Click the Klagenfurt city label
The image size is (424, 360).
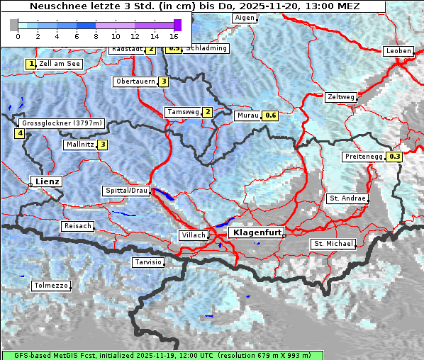coord(257,232)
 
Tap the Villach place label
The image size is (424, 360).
coord(193,235)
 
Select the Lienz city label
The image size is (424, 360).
coord(46,181)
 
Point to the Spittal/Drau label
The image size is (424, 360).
coord(126,191)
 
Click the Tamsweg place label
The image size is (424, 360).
coord(182,112)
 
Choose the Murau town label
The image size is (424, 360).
coord(247,115)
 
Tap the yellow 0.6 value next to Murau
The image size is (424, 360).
coord(269,115)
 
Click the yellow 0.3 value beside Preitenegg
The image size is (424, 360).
coord(395,157)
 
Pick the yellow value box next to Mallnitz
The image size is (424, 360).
coord(103,145)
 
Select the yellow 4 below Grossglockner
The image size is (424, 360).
coord(20,133)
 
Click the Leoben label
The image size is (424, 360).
coord(398,51)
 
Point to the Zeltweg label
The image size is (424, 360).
coord(340,97)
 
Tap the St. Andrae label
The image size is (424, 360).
coord(347,198)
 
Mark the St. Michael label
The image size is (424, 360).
coord(333,244)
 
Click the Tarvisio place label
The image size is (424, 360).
coord(148,262)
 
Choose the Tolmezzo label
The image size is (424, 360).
coord(51,286)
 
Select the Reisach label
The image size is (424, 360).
coord(77,226)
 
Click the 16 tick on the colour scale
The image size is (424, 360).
coord(174,35)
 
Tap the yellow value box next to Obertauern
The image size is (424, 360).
coord(164,81)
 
